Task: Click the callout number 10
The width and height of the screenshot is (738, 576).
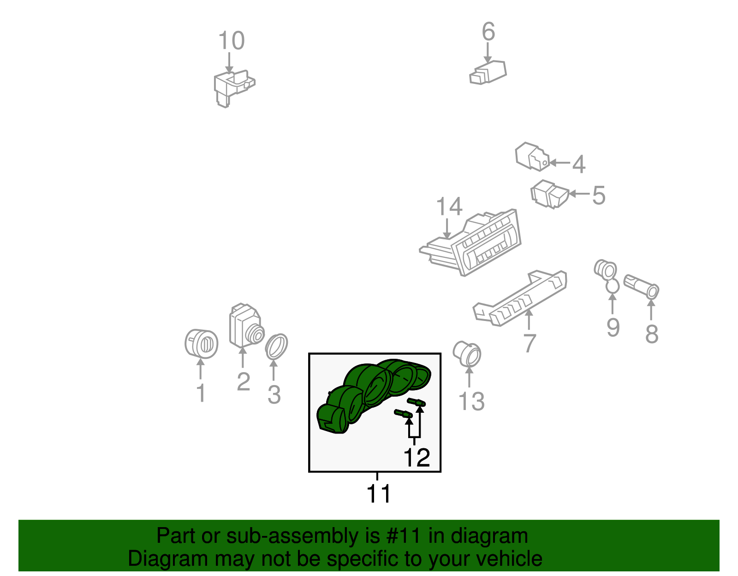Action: coord(231,41)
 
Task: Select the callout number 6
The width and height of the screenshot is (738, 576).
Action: coord(488,31)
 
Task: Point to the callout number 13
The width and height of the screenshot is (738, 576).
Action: coord(471,401)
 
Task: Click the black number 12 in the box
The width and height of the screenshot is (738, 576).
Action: coord(417,457)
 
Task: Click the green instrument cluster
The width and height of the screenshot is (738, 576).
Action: coord(373,395)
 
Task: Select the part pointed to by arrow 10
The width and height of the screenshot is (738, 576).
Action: coord(234,89)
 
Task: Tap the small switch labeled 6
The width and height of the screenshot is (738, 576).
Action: coord(488,72)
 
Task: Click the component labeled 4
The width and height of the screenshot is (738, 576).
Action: coord(532,156)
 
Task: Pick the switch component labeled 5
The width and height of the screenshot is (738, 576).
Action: coord(549,194)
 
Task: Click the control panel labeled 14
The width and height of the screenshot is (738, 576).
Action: coord(470,243)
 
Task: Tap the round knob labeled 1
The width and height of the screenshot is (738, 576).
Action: coord(202,344)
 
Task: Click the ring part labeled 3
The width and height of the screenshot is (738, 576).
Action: coord(276,346)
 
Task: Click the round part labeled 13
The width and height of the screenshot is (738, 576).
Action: coord(467,354)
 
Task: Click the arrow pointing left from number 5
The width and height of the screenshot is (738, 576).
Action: coord(579,194)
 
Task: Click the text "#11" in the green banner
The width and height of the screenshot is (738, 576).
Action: coord(404,536)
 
